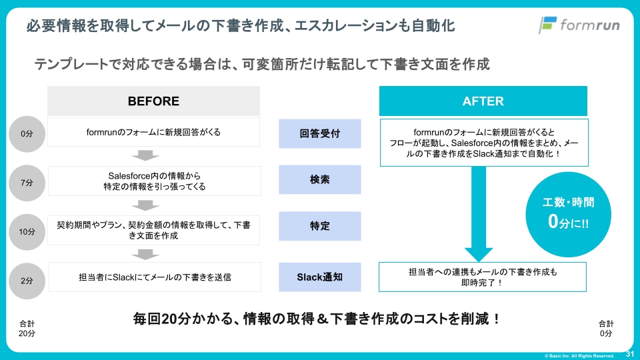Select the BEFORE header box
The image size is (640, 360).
click(153, 101)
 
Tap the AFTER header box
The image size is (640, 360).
click(483, 101)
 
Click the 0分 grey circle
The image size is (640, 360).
click(27, 134)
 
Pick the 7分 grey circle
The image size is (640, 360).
click(27, 182)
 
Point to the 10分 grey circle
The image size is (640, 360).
click(27, 231)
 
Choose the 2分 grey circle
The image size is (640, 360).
click(27, 279)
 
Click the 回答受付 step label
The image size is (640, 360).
click(320, 133)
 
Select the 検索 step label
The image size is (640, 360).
click(320, 180)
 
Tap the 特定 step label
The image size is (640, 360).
click(320, 227)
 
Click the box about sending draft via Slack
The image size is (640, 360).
click(154, 277)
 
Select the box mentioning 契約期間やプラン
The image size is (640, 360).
click(154, 231)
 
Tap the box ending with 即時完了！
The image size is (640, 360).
click(483, 277)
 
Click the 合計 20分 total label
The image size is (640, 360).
click(27, 328)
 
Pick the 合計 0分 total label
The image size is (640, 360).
click(605, 328)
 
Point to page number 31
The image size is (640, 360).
click(629, 353)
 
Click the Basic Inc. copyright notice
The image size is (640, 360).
click(579, 355)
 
